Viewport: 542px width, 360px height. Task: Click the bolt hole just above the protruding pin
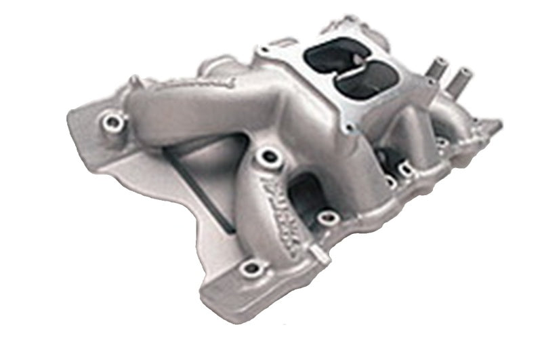(329, 218)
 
